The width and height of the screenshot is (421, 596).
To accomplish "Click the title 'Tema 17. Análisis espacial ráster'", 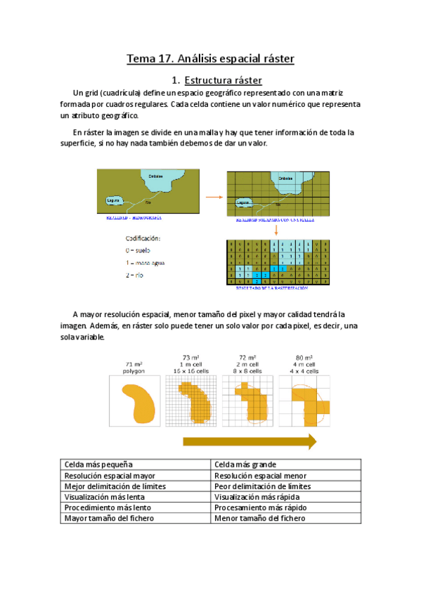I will click(x=210, y=58).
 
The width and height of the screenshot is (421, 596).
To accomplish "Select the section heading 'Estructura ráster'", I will click(x=222, y=81).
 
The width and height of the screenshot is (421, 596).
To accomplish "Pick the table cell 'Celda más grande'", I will click(x=245, y=465).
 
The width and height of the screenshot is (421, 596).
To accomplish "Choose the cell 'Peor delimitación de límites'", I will click(x=262, y=486).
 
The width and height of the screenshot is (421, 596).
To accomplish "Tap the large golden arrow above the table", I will click(x=250, y=441).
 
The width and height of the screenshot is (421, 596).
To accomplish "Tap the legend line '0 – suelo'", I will click(x=138, y=250).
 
